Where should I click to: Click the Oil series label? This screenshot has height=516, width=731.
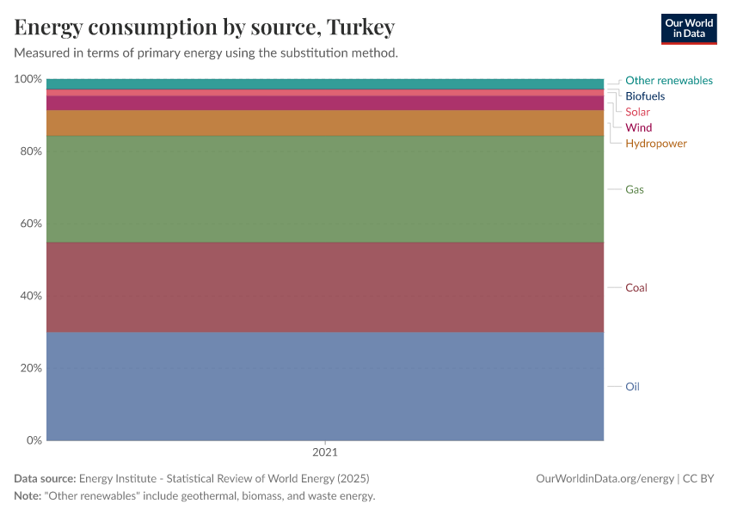tap(632, 386)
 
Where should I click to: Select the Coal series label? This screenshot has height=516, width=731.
tap(636, 287)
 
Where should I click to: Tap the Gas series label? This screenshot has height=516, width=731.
tap(635, 189)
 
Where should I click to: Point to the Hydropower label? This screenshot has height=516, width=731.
tap(655, 143)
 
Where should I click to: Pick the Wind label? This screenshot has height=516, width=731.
tap(638, 127)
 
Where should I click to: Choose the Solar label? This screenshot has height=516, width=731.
tap(637, 112)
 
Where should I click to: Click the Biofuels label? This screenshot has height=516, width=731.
tap(644, 96)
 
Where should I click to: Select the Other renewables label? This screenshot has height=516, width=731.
tap(668, 80)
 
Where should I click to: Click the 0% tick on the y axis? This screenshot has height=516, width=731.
tap(34, 440)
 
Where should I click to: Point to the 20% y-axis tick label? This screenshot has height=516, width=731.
tap(31, 368)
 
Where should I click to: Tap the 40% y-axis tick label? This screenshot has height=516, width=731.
tap(31, 296)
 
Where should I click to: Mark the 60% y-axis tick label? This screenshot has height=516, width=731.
tap(31, 224)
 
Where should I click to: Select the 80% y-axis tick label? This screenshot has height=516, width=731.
tap(31, 151)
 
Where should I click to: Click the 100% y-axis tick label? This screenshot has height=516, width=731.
tap(28, 79)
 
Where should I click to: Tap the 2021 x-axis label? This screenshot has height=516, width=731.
tap(325, 451)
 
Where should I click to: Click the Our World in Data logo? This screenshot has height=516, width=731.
tap(688, 28)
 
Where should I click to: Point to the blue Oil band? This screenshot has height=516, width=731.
tap(325, 386)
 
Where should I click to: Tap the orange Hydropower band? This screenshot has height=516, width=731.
tap(325, 123)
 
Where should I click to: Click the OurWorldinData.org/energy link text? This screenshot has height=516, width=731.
tap(604, 478)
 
